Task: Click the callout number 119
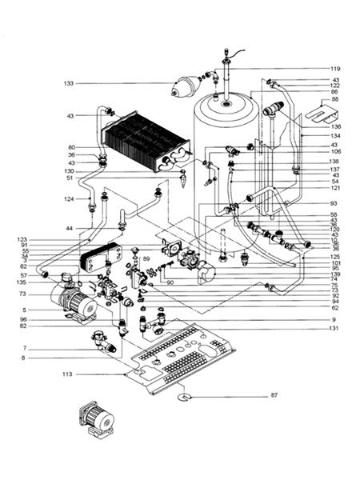(335, 69)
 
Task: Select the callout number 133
(69, 83)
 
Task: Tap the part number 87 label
(274, 396)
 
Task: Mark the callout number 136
(335, 127)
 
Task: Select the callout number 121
(335, 188)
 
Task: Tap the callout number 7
(26, 348)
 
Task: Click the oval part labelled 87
(185, 394)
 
